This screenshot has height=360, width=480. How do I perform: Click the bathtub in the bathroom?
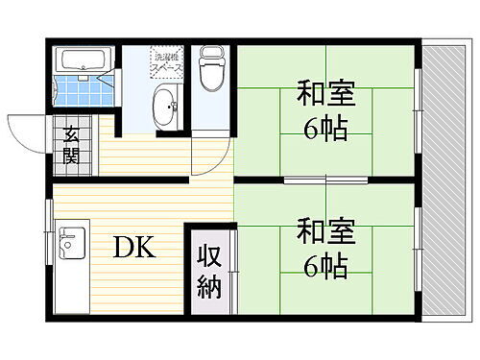coord(81,59)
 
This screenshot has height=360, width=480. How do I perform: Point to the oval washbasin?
coord(164,103)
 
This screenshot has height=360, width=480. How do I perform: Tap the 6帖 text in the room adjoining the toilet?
coord(325,128)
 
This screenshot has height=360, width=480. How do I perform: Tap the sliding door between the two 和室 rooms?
coord(324,180)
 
